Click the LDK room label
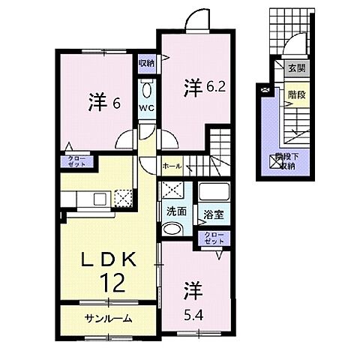click(x=108, y=260)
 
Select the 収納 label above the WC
click(x=146, y=64)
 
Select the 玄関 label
click(x=297, y=67)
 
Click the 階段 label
click(x=297, y=95)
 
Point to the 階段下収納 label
click(x=284, y=160)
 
